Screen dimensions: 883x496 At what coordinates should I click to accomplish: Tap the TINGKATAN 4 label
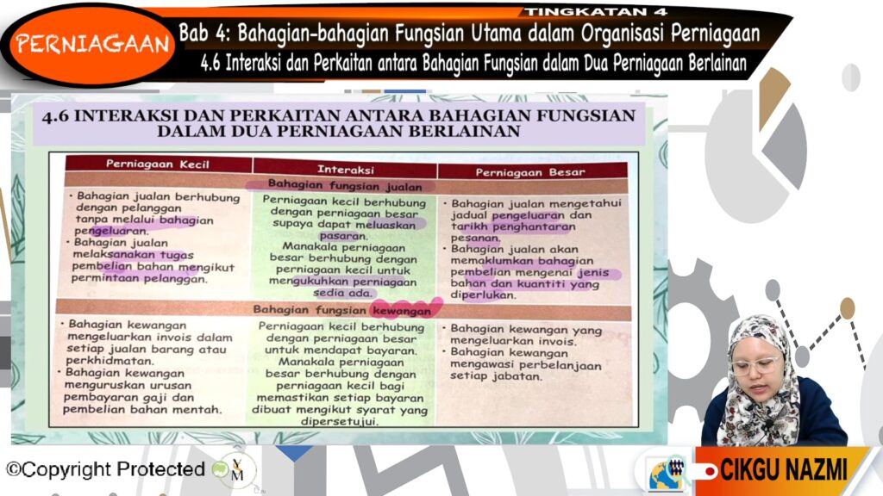tap(596, 11)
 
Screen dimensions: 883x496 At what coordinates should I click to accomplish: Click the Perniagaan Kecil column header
tap(158, 164)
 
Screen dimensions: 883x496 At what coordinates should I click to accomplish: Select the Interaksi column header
tap(345, 170)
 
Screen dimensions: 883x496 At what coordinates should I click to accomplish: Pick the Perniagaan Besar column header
tap(530, 172)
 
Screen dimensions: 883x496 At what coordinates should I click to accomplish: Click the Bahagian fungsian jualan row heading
tap(345, 186)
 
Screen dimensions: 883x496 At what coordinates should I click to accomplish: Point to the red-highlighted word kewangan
tap(402, 310)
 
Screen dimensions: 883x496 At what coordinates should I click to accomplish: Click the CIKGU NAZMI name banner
tap(783, 469)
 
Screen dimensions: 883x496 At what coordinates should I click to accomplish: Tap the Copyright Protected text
tap(105, 469)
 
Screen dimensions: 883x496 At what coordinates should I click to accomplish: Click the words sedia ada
tap(343, 293)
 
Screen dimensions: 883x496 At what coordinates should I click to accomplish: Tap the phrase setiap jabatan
tap(496, 376)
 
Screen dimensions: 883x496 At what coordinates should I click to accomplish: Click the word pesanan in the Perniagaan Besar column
tap(475, 238)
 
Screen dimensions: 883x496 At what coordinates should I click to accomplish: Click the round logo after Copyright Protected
tap(236, 470)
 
